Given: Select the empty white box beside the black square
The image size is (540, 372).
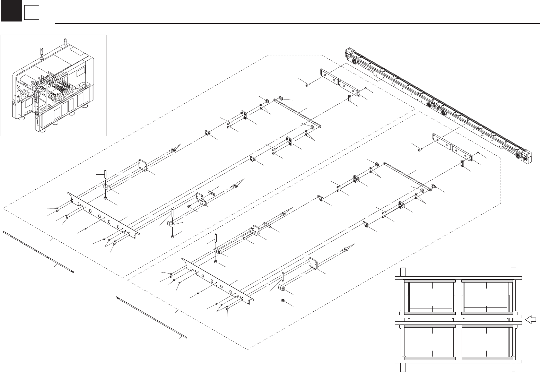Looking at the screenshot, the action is pyautogui.click(x=31, y=13).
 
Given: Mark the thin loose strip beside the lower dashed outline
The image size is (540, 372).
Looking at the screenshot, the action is pyautogui.click(x=151, y=317).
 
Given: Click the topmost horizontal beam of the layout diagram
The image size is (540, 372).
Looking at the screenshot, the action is pyautogui.click(x=458, y=277).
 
